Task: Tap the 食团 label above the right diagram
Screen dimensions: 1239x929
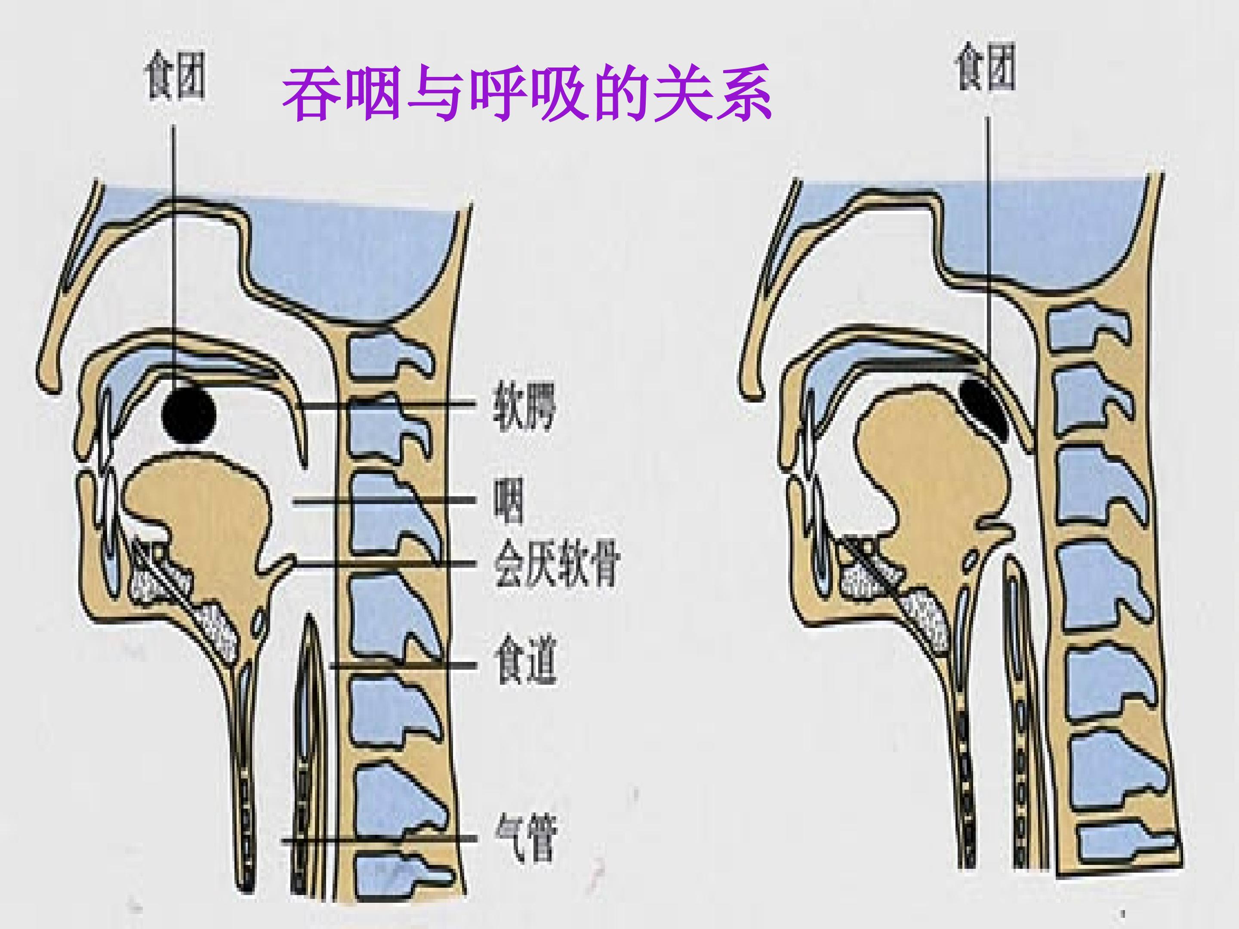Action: tap(985, 67)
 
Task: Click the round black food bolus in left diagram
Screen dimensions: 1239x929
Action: tap(189, 414)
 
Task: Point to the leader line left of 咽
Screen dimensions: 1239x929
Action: tap(384, 502)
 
